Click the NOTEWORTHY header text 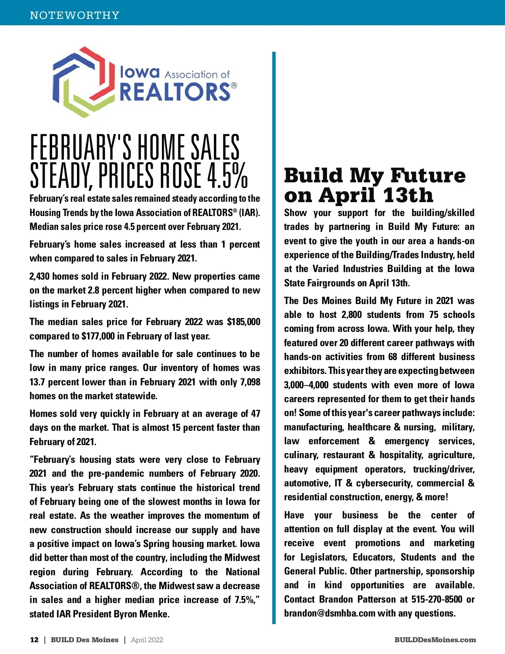pos(74,15)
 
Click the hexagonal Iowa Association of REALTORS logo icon pos(84,81)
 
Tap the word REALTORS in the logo pos(175,92)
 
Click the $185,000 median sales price pos(244,322)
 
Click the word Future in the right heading pos(428,176)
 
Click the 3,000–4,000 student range pos(306,385)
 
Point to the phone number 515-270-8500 pos(436,599)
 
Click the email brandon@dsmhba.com pos(330,613)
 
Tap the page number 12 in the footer pos(34,640)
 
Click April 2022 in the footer pos(147,640)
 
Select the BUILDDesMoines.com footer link pos(435,640)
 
